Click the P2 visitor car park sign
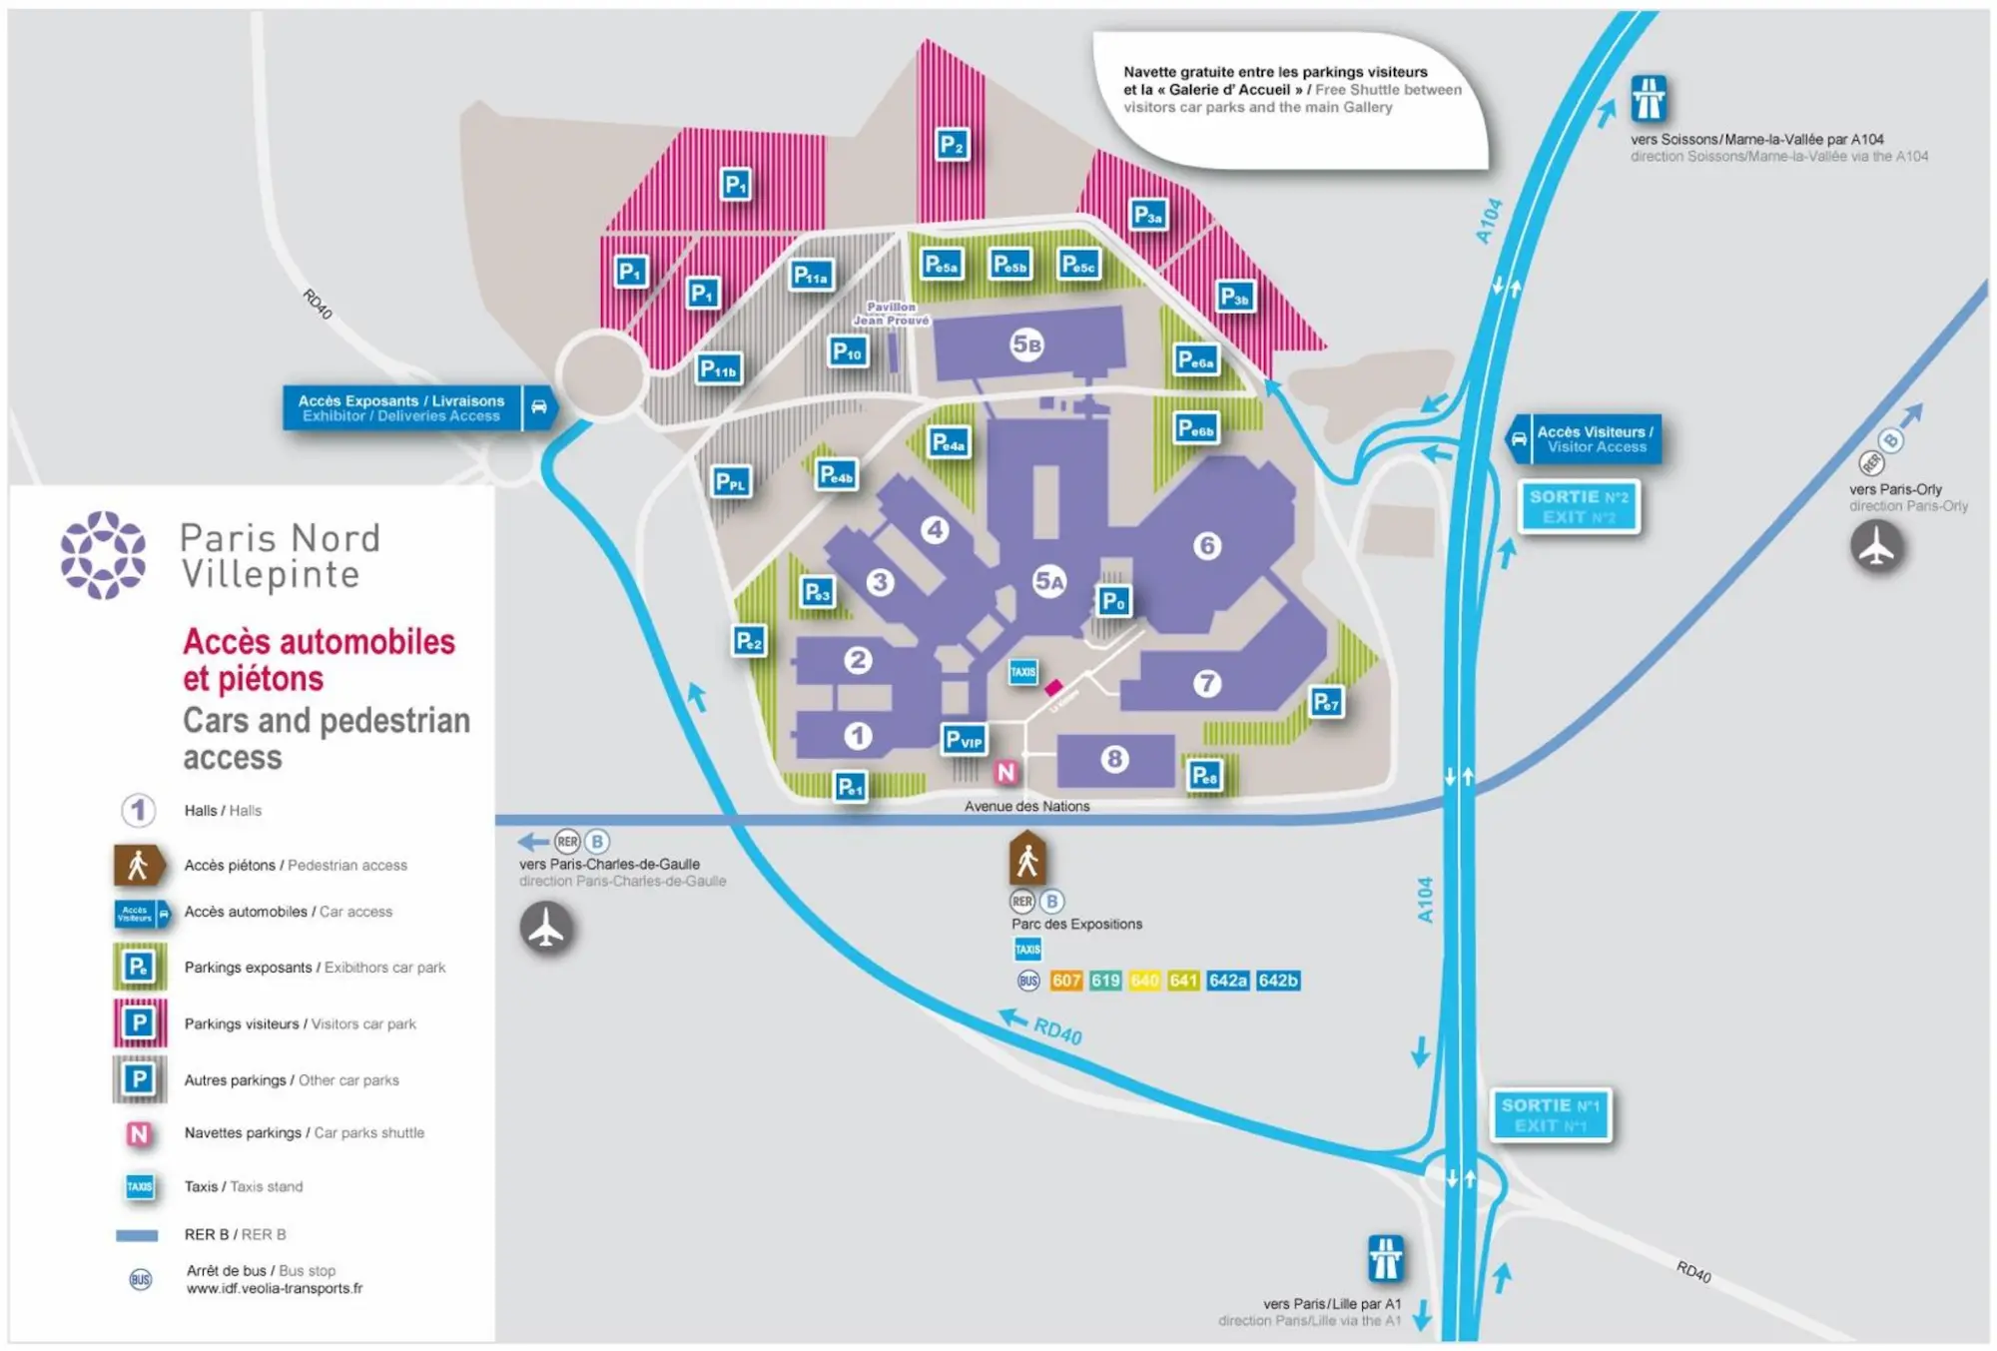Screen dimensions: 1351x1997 pos(953,146)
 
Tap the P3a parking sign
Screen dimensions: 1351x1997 pos(1148,215)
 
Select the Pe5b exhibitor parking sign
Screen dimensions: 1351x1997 pos(1009,265)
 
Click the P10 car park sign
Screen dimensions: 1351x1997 pos(848,351)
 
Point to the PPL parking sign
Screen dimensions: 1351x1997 pos(731,482)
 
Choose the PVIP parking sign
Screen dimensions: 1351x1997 pos(964,740)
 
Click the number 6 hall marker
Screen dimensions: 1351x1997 pos(1207,546)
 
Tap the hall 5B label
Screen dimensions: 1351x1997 pos(1026,344)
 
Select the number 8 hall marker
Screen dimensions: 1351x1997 pos(1114,759)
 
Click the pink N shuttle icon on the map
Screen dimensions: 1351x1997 pos(1005,772)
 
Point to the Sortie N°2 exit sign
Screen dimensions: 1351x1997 pos(1579,506)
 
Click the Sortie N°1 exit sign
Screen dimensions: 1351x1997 pos(1551,1114)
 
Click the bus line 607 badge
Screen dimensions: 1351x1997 pos(1065,981)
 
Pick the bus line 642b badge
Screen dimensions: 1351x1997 pos(1278,981)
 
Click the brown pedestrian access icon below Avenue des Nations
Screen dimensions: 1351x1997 pos(1026,859)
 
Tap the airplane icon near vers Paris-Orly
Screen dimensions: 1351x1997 pos(1876,547)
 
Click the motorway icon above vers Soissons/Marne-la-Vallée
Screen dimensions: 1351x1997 pos(1648,99)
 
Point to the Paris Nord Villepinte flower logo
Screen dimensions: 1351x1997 pos(103,555)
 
